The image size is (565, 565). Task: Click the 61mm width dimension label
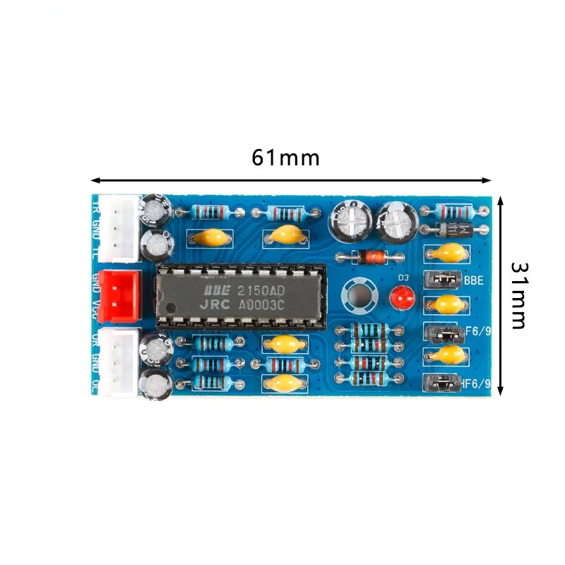[x=285, y=157]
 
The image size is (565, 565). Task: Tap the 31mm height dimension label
[x=519, y=295]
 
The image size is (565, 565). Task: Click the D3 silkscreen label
[x=404, y=278]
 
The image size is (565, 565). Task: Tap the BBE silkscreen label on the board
[x=474, y=280]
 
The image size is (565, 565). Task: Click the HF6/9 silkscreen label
[x=475, y=384]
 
